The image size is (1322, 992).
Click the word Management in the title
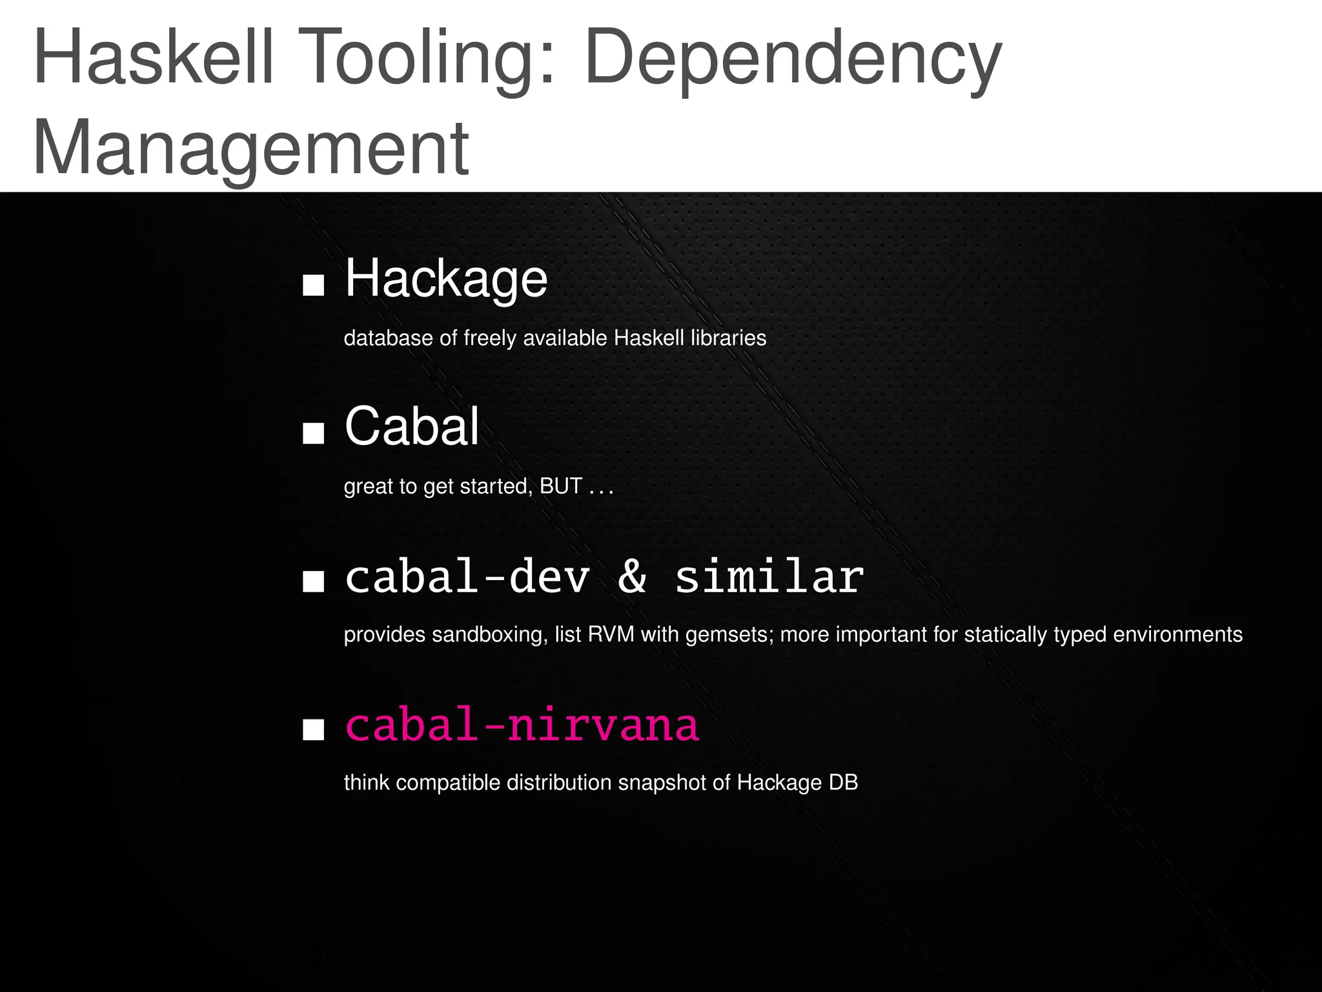250,150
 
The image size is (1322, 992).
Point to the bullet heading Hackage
446,279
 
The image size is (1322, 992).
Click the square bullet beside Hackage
313,285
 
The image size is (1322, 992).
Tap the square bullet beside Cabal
313,433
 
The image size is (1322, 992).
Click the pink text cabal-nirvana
522,725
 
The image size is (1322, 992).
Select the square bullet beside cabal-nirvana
313,730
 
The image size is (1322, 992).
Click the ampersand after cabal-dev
632,576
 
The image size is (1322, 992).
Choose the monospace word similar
769,576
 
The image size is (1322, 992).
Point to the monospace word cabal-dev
467,576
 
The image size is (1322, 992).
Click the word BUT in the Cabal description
561,486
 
